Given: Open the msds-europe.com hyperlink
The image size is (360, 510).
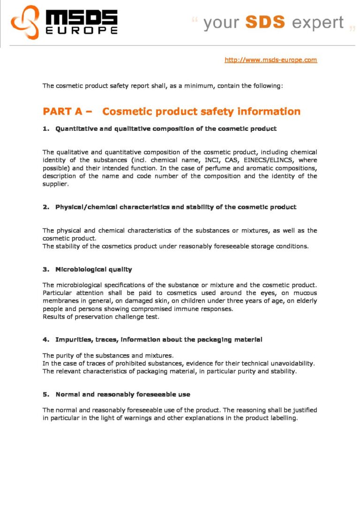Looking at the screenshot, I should [x=271, y=60].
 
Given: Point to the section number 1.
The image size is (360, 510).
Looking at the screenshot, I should [x=45, y=129].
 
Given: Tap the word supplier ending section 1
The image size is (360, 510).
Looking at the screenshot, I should [x=55, y=184].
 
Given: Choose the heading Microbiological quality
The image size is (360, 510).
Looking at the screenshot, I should [x=94, y=269].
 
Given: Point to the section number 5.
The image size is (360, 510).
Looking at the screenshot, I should [x=45, y=395].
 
